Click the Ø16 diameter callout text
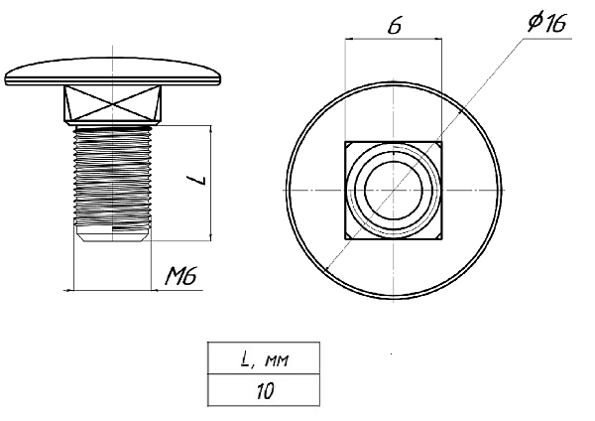(546, 23)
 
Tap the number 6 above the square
(395, 26)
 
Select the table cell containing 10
(264, 390)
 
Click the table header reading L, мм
(264, 358)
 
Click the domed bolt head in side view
(113, 71)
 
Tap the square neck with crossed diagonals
(113, 104)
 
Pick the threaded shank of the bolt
(113, 177)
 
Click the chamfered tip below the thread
(113, 233)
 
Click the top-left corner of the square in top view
(345, 142)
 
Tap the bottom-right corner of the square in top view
(441, 239)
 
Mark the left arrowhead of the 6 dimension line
(349, 39)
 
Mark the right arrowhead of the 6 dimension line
(438, 39)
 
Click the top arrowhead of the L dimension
(211, 129)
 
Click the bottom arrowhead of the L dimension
(211, 236)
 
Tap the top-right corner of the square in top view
(441, 142)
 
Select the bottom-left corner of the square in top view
(345, 239)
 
